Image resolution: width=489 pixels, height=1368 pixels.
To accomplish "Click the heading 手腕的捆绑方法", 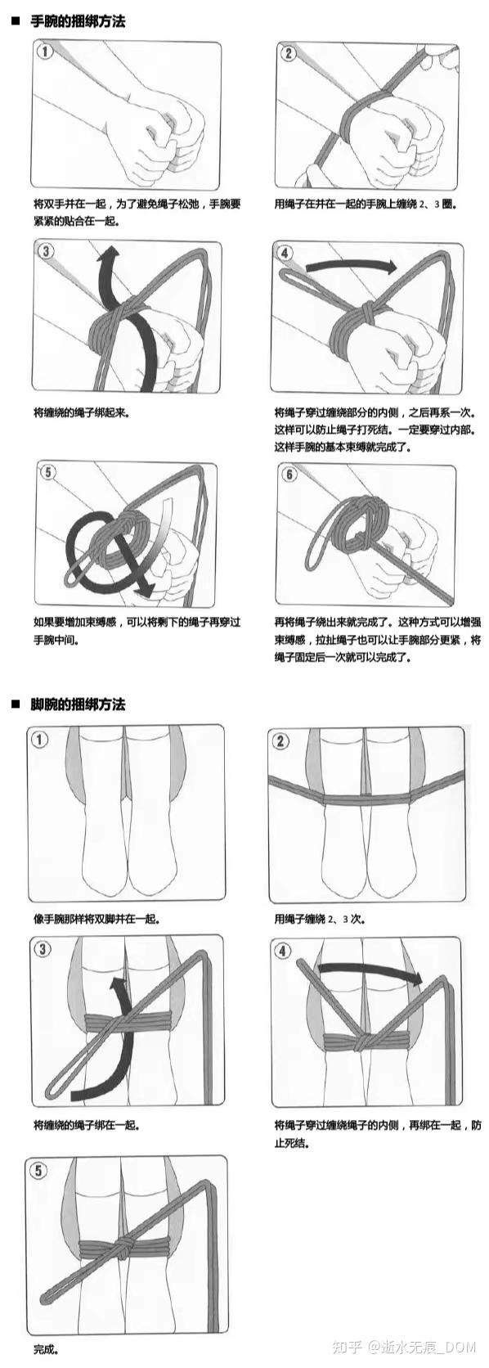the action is (78, 22).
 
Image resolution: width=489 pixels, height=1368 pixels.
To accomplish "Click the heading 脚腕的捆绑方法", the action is (78, 704).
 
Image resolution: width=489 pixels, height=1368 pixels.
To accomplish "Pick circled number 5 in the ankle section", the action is (39, 1170).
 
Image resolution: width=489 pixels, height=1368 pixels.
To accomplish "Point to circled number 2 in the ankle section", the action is (280, 741).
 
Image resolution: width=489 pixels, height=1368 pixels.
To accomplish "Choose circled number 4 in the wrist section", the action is (285, 253).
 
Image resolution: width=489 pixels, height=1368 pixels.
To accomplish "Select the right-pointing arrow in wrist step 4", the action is (351, 266).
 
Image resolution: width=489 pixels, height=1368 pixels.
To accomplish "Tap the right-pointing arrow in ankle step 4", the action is (370, 970).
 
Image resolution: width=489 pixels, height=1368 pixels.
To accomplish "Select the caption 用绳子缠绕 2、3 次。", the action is (319, 919).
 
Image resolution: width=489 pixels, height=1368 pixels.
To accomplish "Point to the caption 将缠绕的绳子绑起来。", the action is (81, 413).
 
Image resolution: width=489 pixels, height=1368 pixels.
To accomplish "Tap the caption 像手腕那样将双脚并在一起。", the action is (100, 919).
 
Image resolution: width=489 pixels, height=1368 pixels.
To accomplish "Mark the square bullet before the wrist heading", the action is (16, 22).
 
